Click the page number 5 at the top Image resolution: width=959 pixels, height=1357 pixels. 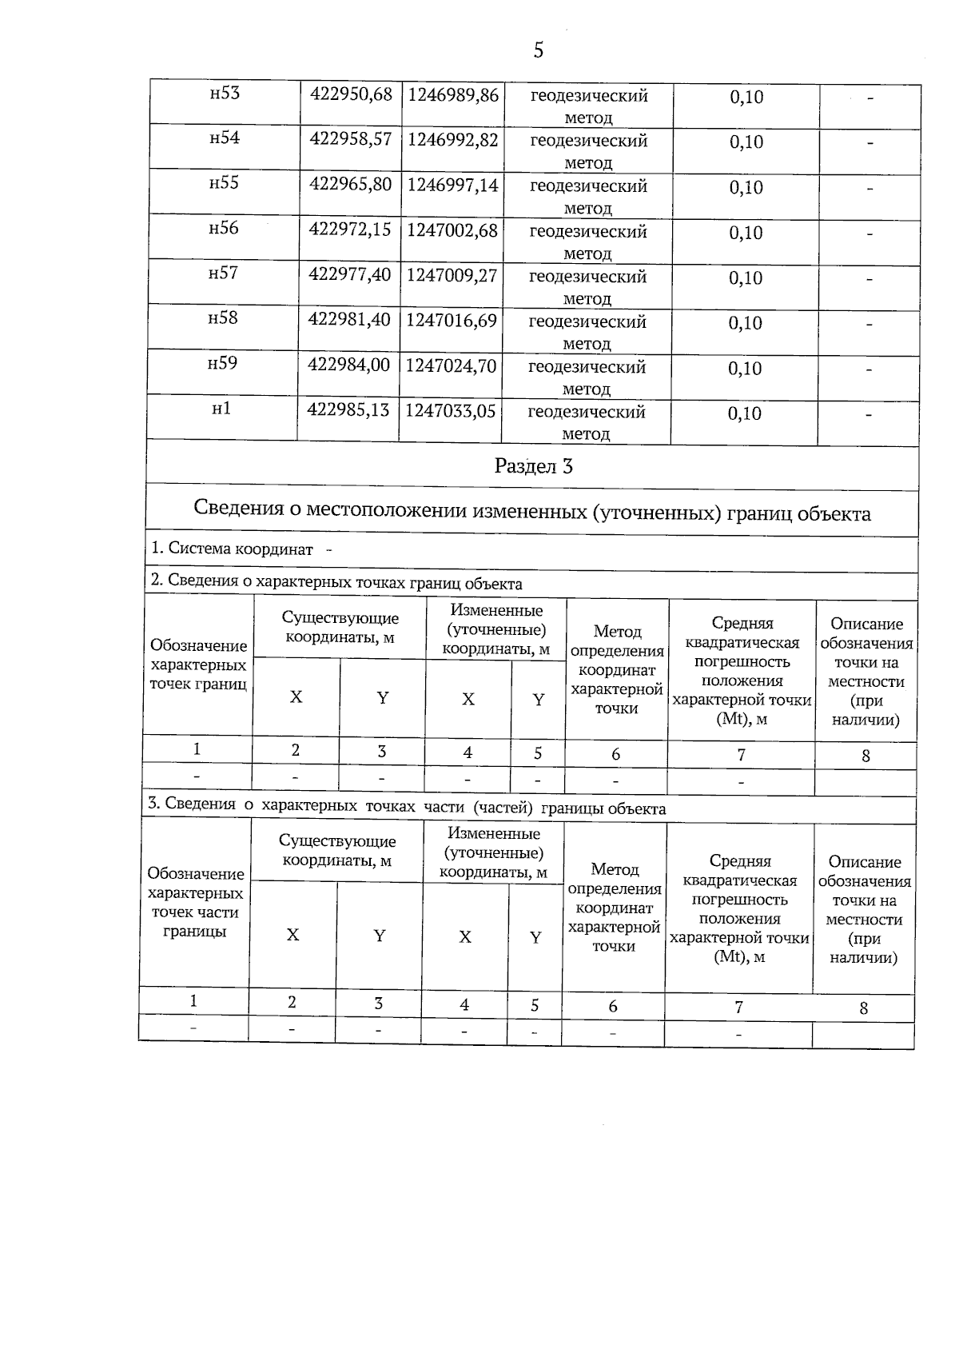pyautogui.click(x=538, y=50)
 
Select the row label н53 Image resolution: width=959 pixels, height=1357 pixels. pyautogui.click(x=225, y=94)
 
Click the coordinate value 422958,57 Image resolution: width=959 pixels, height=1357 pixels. pyautogui.click(x=350, y=139)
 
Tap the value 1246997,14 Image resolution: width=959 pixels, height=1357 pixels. pyautogui.click(x=452, y=185)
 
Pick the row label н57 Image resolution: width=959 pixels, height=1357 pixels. pyautogui.click(x=223, y=273)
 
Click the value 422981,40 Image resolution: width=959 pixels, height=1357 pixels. pyautogui.click(x=349, y=320)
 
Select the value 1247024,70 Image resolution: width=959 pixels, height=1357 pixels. pyautogui.click(x=451, y=366)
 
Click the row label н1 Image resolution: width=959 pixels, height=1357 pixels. pyautogui.click(x=221, y=409)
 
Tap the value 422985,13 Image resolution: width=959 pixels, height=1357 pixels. pyautogui.click(x=348, y=410)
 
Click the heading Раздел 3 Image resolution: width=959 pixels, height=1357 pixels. pyautogui.click(x=533, y=466)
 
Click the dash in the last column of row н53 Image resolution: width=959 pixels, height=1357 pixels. pyautogui.click(x=871, y=98)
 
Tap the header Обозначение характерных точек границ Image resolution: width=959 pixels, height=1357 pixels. pyautogui.click(x=198, y=665)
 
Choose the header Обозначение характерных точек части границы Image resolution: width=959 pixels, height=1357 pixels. pyautogui.click(x=195, y=903)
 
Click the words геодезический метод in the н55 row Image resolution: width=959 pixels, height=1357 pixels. pyautogui.click(x=587, y=196)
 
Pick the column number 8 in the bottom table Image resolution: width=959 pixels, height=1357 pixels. pyautogui.click(x=863, y=1008)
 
